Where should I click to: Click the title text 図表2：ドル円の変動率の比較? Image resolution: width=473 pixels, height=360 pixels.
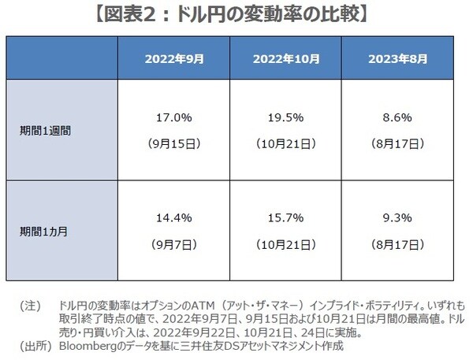pyautogui.click(x=236, y=13)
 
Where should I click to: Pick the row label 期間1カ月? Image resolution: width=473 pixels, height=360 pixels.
pyautogui.click(x=45, y=232)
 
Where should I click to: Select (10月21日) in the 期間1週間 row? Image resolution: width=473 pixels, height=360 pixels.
pyautogui.click(x=286, y=145)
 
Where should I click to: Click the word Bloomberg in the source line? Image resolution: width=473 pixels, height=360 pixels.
pyautogui.click(x=89, y=345)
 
